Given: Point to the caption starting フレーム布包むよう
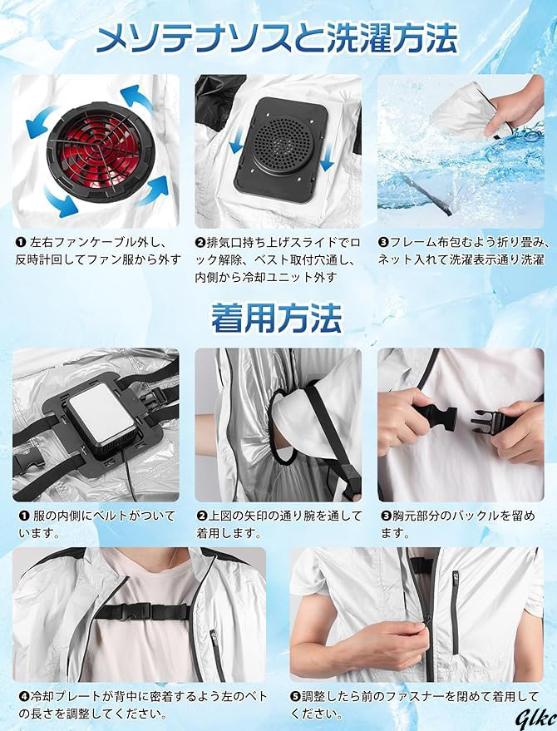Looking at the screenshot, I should (x=462, y=250).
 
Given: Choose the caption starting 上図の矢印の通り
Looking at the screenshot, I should (x=278, y=524).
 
